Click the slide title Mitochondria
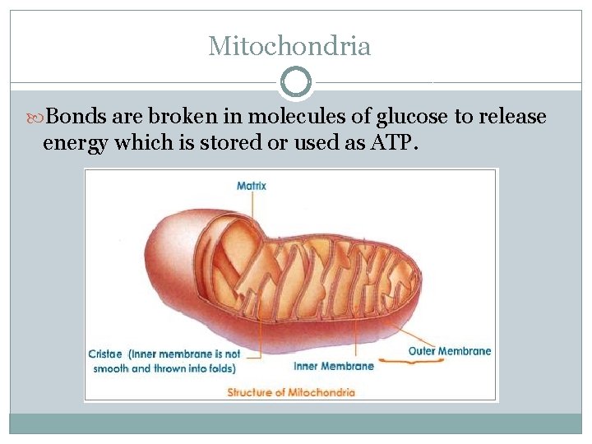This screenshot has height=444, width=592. click(289, 46)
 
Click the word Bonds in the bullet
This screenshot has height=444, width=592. click(80, 118)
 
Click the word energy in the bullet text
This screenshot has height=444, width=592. click(75, 145)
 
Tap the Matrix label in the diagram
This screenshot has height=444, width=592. click(252, 186)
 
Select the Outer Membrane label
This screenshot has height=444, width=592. click(450, 351)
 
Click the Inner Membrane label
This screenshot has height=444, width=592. click(333, 366)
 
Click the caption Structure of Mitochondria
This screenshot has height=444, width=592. click(291, 392)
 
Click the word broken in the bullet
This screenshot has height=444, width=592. click(181, 118)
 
